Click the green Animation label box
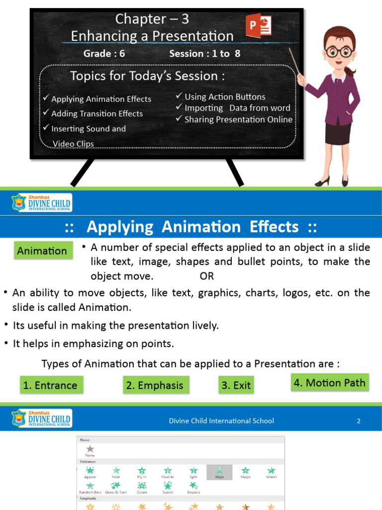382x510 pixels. coord(42,251)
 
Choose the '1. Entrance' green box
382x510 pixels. coord(50,385)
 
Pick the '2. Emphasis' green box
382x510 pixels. coord(155,385)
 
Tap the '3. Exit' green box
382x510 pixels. coord(236,385)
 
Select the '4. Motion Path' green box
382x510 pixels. coord(329,382)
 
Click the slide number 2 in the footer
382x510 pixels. coord(358,421)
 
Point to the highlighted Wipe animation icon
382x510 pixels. coord(219,471)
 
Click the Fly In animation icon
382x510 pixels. coord(142,471)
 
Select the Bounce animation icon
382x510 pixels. coord(193,486)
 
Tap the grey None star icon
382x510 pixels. coord(90,449)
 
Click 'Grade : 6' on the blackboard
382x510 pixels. coord(104,53)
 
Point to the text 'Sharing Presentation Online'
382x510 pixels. coord(238,120)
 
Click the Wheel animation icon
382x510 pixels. coord(271,471)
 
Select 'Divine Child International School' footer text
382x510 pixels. coord(221,421)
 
